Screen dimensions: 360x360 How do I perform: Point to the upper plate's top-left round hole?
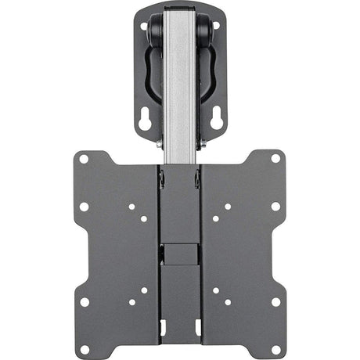click(x=145, y=25)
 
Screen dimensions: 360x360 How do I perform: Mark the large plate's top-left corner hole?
click(x=84, y=158)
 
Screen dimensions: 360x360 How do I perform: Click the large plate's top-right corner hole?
click(x=275, y=158)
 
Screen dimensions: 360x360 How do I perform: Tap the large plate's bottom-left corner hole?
click(x=84, y=301)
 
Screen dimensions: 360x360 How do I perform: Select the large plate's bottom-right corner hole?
click(x=275, y=301)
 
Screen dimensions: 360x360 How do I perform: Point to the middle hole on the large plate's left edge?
click(x=84, y=207)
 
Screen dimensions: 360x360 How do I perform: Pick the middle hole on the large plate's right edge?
click(x=275, y=207)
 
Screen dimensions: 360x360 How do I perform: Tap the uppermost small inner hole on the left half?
click(x=132, y=207)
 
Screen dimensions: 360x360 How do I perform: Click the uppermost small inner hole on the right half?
click(x=227, y=207)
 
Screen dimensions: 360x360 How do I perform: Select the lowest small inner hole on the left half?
click(x=132, y=302)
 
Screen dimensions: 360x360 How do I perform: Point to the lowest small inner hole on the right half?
click(x=227, y=302)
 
